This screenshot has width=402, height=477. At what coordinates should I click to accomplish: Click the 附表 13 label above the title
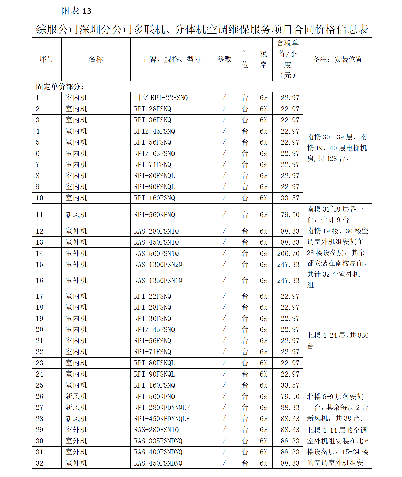76,11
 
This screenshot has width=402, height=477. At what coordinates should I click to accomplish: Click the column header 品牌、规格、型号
171,59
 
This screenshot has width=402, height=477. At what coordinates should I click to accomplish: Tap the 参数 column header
224,59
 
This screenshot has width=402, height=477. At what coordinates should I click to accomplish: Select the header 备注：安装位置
337,59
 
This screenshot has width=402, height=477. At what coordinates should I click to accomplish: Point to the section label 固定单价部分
60,87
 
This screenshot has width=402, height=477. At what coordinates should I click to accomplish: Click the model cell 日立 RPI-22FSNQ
161,98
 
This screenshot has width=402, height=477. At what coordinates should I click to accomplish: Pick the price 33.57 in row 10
290,198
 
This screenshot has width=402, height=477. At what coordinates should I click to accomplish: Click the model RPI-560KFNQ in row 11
155,215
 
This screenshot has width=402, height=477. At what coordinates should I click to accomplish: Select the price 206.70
288,253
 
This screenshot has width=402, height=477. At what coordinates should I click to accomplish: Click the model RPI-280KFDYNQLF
162,408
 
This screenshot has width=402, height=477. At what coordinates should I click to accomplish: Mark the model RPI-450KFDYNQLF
162,419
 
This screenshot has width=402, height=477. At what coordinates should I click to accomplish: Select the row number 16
40,281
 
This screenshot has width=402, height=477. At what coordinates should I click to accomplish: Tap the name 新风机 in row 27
76,408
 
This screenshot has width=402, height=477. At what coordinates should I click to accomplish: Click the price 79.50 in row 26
290,397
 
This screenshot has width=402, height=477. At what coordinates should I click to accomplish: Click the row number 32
40,463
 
